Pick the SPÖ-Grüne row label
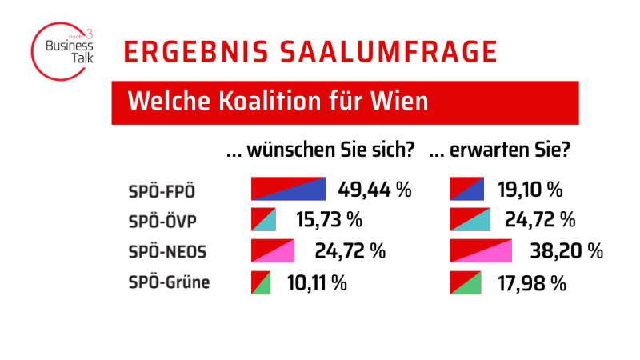click(169, 282)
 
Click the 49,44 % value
click(374, 190)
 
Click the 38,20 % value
click(566, 251)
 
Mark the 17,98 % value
click(531, 282)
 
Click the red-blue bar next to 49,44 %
click(289, 189)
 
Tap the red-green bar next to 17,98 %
click(466, 282)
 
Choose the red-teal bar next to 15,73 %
click(263, 219)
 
